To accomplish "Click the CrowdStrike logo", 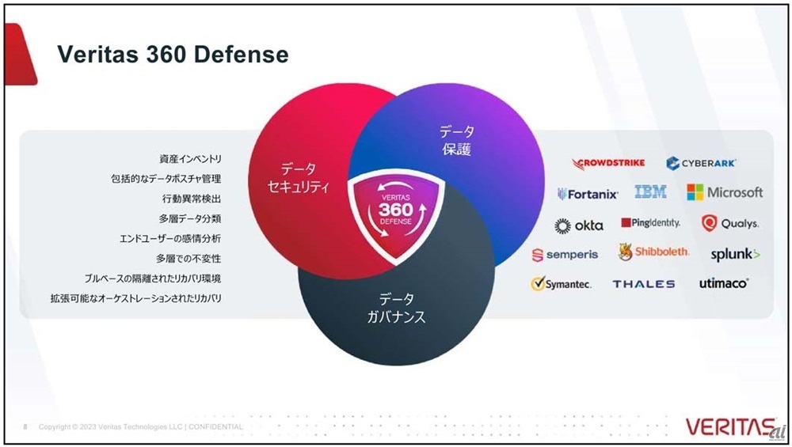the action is coord(608,163).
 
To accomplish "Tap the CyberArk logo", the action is coord(701,163).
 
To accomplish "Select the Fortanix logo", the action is coord(588,194).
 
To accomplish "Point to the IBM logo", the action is coord(650,191).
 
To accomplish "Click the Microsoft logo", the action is coord(725,192).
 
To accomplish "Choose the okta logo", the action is coord(579,225).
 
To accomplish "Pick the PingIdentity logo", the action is coord(650,223).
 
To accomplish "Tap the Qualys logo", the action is coord(730,223).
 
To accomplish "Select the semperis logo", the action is coord(565,255).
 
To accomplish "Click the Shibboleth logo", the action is coord(653,252).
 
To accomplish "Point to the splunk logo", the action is coord(735,254).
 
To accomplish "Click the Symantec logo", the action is coord(561,283).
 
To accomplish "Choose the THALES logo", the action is coord(644,284).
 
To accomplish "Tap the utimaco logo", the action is coord(724,283).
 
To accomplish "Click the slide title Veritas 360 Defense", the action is coord(173,54).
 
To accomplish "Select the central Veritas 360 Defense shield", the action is coord(395,214).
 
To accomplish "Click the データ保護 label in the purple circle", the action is coord(457,140).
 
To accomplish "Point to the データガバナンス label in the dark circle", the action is coord(396,308).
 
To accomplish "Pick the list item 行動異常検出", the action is coord(192,199).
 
